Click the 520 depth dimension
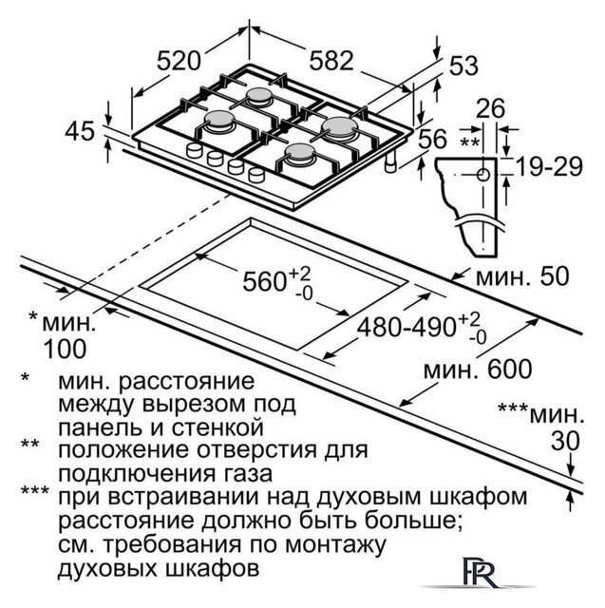click(x=179, y=61)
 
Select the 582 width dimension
click(x=331, y=61)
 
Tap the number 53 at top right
click(x=463, y=66)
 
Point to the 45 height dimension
click(x=80, y=131)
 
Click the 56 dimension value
click(x=433, y=139)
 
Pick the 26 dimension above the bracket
click(x=490, y=108)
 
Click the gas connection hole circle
click(x=482, y=175)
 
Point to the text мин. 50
click(x=522, y=276)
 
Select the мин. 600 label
click(x=478, y=370)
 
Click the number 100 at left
click(x=66, y=349)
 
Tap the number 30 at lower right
click(x=565, y=441)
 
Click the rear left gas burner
click(x=259, y=96)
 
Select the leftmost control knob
click(x=194, y=150)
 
